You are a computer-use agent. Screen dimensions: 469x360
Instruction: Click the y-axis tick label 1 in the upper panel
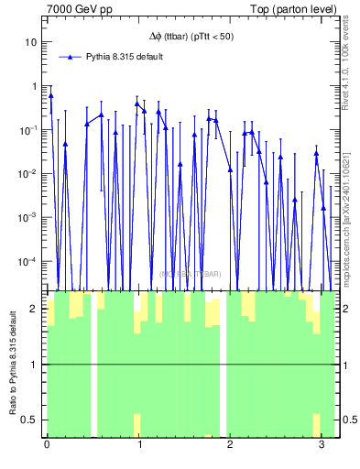[35, 86]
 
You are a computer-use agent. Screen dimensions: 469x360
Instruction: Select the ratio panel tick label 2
[35, 309]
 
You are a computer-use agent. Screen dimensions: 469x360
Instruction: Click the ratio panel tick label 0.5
[31, 420]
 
